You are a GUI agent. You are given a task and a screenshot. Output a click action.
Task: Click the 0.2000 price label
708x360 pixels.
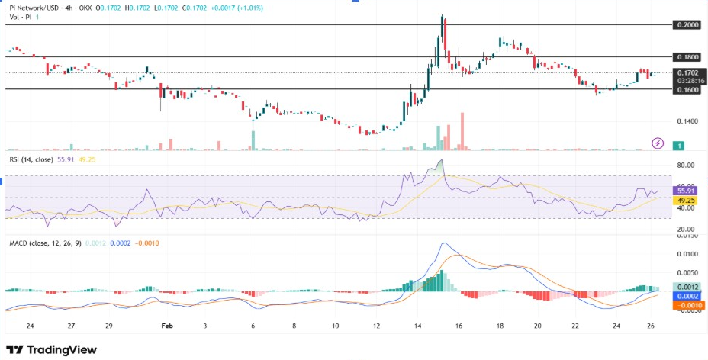point(686,24)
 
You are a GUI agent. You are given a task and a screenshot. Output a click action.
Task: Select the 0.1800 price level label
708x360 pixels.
point(686,57)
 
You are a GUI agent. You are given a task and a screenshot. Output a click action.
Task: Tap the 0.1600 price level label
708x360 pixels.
point(686,89)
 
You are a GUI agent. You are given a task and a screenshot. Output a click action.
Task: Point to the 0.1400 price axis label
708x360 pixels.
point(686,121)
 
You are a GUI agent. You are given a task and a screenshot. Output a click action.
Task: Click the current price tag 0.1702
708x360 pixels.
point(686,73)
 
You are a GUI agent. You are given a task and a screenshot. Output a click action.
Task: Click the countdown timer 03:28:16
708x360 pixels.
point(686,81)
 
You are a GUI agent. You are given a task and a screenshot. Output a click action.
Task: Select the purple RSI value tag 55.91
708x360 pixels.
point(685,191)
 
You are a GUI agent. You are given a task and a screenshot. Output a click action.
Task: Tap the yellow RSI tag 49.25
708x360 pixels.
point(685,200)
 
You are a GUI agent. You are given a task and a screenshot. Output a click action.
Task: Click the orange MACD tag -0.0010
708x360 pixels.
point(685,304)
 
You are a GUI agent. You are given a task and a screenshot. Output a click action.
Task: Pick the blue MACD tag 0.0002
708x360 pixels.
point(685,296)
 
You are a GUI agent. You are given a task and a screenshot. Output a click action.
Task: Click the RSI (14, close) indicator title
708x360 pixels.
point(30,160)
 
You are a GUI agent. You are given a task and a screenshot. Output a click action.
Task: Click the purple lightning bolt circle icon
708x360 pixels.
point(658,143)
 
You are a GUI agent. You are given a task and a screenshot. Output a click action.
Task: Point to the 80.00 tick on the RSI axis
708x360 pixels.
point(684,165)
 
